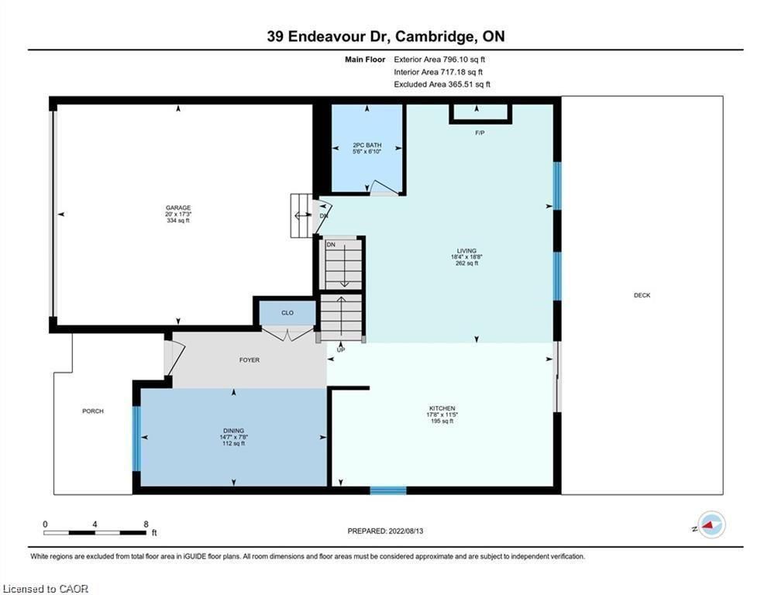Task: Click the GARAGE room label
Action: pos(178,208)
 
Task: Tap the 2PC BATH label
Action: pos(367,145)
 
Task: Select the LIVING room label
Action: pos(466,251)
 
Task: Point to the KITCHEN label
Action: pos(442,408)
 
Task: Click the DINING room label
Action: pos(233,431)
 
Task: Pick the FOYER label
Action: pos(250,360)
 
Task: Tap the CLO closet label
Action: pos(287,313)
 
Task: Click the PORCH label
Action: pos(93,411)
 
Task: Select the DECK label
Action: pos(642,295)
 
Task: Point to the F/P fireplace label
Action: pos(480,132)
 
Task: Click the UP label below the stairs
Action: pos(341,350)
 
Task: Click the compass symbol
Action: pos(711,524)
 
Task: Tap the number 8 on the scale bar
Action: pos(146,524)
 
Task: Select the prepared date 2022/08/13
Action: pos(406,531)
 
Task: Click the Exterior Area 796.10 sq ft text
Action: pos(439,60)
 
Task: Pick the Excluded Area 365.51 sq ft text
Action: pos(442,84)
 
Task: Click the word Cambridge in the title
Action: pos(435,37)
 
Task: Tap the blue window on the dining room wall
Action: pos(136,439)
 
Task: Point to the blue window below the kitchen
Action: pos(388,490)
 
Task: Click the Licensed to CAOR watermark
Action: pos(46,589)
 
